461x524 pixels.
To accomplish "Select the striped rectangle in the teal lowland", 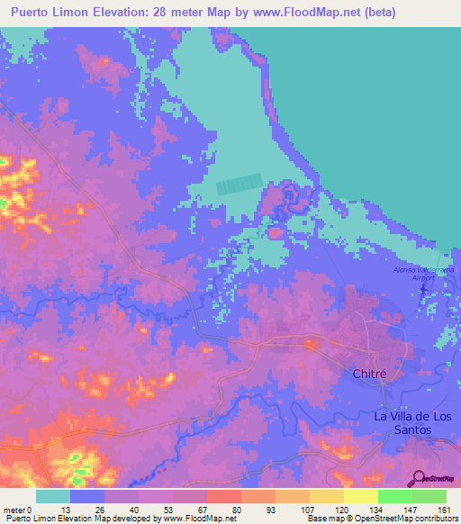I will tap(240, 185).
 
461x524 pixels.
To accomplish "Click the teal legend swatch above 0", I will tap(53, 496).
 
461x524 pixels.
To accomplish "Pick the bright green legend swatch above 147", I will tap(395, 496).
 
